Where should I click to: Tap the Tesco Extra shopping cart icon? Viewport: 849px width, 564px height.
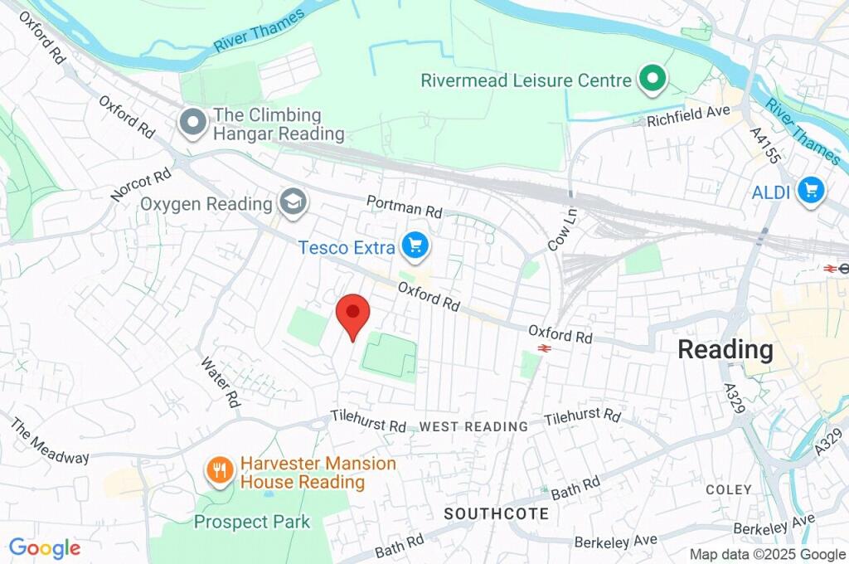coord(415,246)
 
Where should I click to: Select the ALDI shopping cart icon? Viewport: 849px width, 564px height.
coord(810,191)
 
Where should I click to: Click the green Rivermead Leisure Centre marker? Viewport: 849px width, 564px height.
coord(652,80)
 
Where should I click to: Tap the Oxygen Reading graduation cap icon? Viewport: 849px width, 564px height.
coord(292,202)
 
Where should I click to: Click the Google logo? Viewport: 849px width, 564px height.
coord(45,548)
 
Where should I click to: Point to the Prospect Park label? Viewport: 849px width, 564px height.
coord(251,522)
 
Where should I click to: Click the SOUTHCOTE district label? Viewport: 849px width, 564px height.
coord(496,514)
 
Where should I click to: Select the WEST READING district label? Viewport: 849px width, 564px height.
coord(473,426)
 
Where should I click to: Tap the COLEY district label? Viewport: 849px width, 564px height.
coord(729,490)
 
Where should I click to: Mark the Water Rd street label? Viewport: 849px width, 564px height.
coord(220,382)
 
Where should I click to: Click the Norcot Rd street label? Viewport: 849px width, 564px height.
coord(140,186)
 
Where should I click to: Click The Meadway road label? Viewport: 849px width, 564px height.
coord(49,440)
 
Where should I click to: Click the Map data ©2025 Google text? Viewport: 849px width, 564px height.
coord(768,555)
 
